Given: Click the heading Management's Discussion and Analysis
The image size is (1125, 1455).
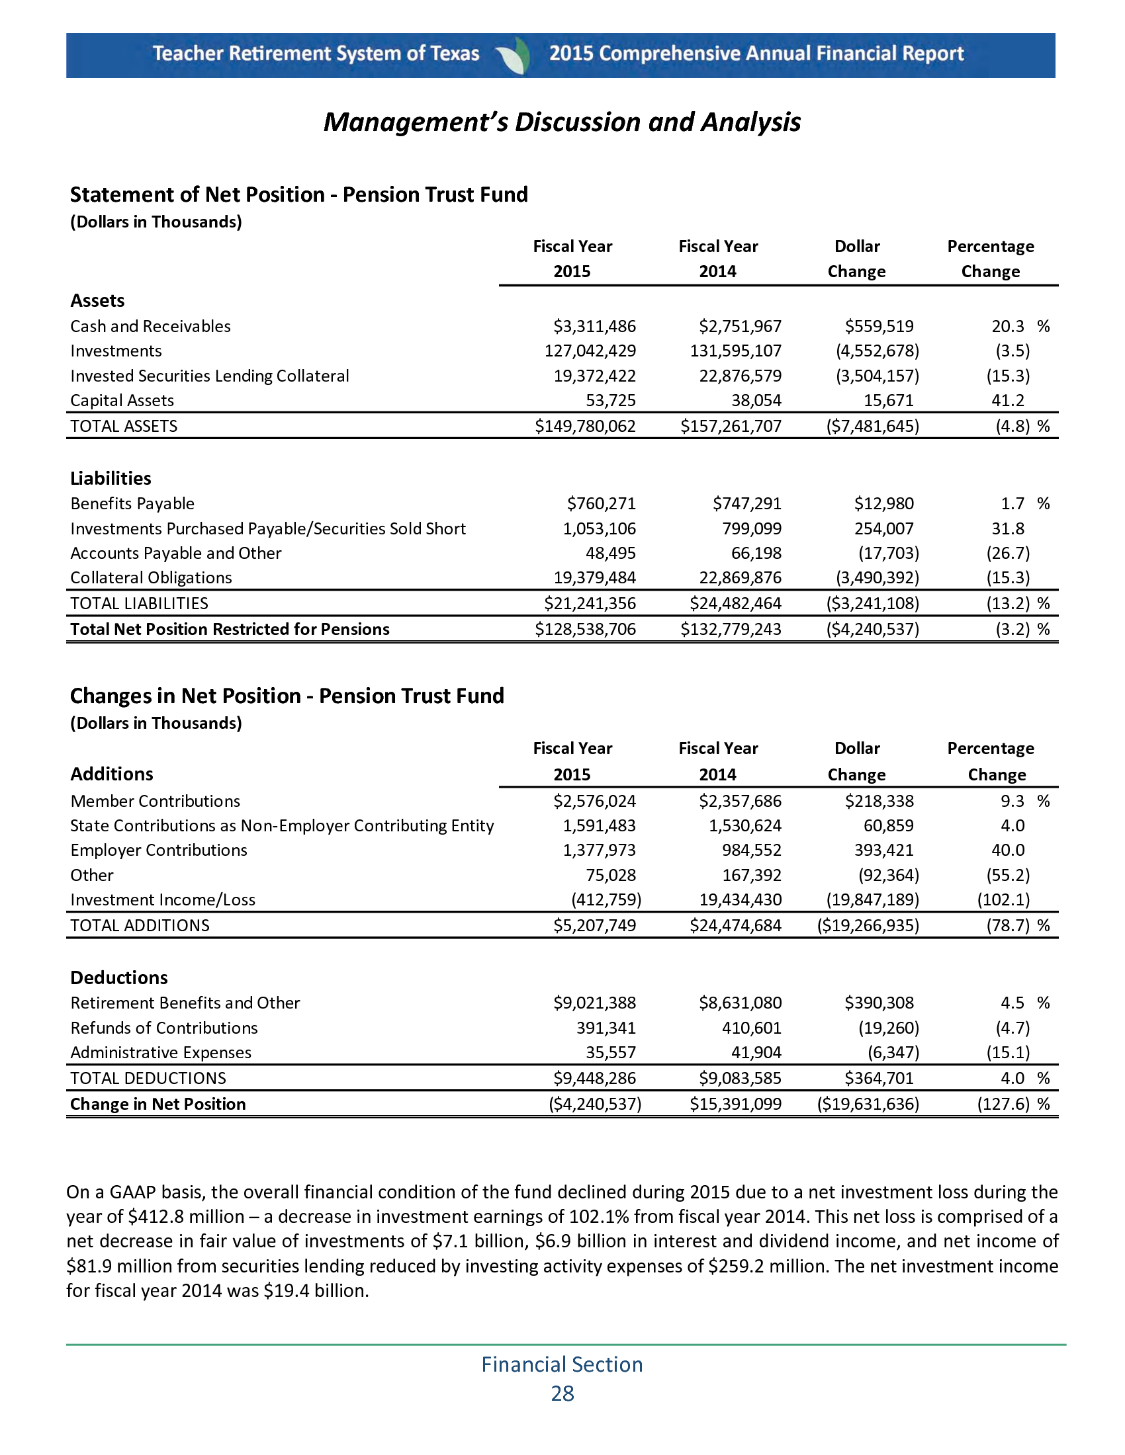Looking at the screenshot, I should [x=562, y=122].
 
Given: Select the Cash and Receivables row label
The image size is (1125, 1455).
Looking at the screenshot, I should [x=151, y=327].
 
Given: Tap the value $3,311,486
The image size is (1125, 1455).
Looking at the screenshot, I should [x=594, y=327].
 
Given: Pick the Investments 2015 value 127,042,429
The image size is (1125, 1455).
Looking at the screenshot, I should [x=590, y=351].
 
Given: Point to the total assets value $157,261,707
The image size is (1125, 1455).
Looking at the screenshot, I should [x=731, y=427].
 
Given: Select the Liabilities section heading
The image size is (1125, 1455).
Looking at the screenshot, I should [x=111, y=478].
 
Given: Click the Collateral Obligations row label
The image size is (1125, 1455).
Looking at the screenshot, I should [x=152, y=578].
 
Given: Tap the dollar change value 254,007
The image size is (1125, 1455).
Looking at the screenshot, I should [x=883, y=529].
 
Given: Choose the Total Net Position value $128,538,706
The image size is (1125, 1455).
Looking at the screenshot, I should [x=585, y=630].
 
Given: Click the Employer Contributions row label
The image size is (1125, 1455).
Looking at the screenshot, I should [x=159, y=851].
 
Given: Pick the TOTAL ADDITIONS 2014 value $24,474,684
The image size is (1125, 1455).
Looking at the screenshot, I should [x=735, y=925].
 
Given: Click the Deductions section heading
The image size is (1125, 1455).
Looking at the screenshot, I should [x=118, y=978].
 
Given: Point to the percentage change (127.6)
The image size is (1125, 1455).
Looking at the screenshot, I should [x=1003, y=1104].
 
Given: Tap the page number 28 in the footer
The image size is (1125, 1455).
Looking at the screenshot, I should [x=562, y=1393].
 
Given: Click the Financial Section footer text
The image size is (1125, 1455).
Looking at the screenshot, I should [x=562, y=1365].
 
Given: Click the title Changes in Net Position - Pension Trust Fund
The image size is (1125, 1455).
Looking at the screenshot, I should [x=287, y=696].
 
